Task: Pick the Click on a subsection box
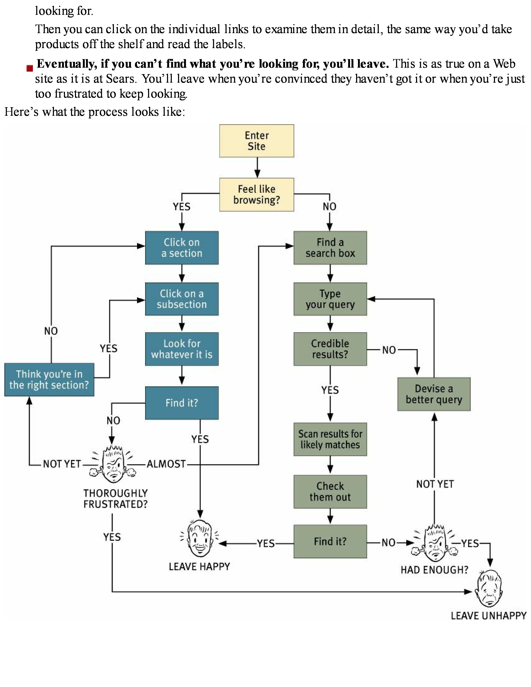pyautogui.click(x=182, y=299)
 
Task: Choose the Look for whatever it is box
pyautogui.click(x=182, y=349)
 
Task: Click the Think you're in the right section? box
pyautogui.click(x=49, y=379)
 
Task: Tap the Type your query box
pyautogui.click(x=330, y=299)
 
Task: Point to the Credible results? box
pyautogui.click(x=330, y=349)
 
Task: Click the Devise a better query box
pyautogui.click(x=434, y=394)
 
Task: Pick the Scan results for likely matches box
pyautogui.click(x=330, y=439)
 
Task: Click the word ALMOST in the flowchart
pyautogui.click(x=166, y=464)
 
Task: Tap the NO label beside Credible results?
pyautogui.click(x=389, y=350)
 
